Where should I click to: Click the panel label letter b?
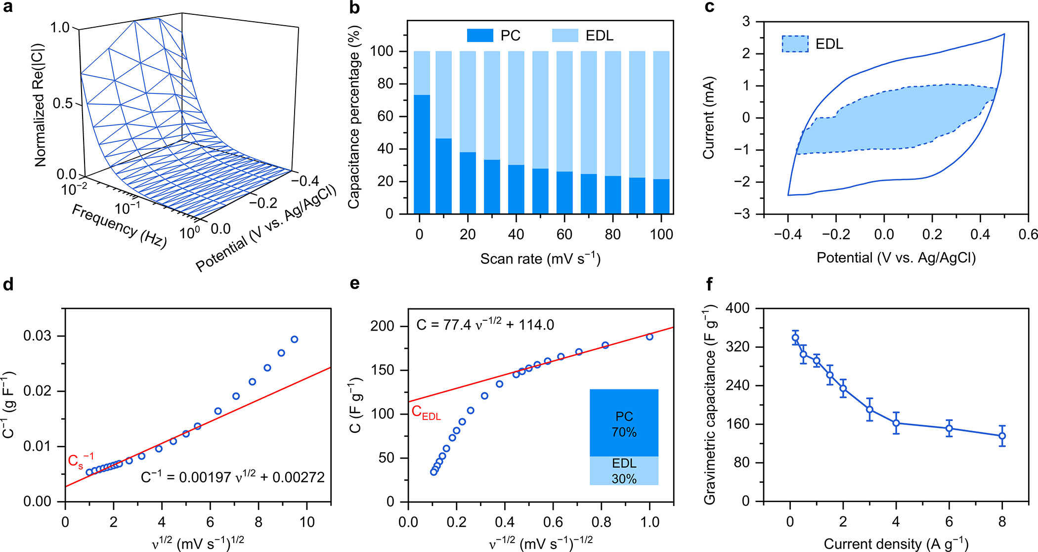354,8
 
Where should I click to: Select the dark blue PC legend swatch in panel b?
479,36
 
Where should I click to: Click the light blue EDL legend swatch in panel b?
565,36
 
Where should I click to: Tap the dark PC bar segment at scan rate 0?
422,154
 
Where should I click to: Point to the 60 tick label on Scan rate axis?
564,234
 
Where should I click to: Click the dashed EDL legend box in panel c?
795,44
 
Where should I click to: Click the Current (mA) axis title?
709,118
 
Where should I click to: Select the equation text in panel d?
233,477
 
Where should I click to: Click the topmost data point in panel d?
295,340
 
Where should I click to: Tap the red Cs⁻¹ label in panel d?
80,461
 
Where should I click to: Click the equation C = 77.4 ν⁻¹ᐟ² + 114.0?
485,325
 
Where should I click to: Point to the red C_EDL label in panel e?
426,413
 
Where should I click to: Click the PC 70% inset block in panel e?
624,423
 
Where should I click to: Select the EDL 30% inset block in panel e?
624,470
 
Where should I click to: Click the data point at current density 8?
1002,436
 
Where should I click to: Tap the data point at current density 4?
896,423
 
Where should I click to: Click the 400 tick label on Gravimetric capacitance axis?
737,308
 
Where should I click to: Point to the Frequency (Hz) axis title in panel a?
119,226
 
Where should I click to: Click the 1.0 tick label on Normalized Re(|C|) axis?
60,28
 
